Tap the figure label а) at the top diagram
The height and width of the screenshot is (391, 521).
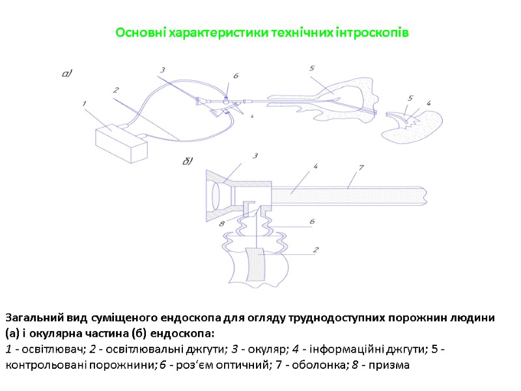(x=66, y=74)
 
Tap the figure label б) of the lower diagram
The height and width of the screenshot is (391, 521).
(x=188, y=161)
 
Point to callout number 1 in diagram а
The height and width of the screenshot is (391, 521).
(x=84, y=102)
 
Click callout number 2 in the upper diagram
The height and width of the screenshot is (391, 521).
(x=115, y=90)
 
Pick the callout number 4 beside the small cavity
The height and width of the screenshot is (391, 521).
(x=428, y=102)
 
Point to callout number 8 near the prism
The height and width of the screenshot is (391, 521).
(x=222, y=224)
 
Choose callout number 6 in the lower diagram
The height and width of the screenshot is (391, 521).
(x=312, y=222)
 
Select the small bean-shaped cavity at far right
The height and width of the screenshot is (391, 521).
(x=414, y=124)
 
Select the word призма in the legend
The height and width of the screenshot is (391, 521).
(x=389, y=365)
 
